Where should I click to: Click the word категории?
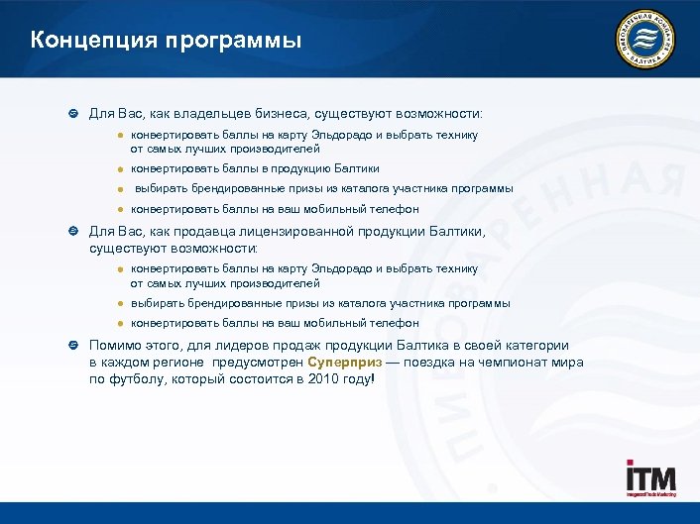tap(532, 346)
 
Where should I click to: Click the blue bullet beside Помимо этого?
tap(72, 346)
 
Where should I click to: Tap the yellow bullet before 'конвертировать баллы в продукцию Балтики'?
tap(118, 169)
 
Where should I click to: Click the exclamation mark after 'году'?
tap(374, 378)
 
